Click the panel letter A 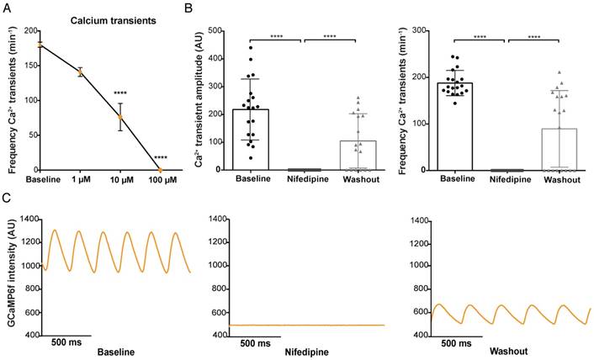8,8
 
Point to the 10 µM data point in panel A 120,117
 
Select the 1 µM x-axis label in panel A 81,179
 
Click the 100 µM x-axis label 160,179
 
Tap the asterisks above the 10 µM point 120,93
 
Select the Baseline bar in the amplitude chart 250,139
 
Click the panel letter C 8,199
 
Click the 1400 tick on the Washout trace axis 414,219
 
